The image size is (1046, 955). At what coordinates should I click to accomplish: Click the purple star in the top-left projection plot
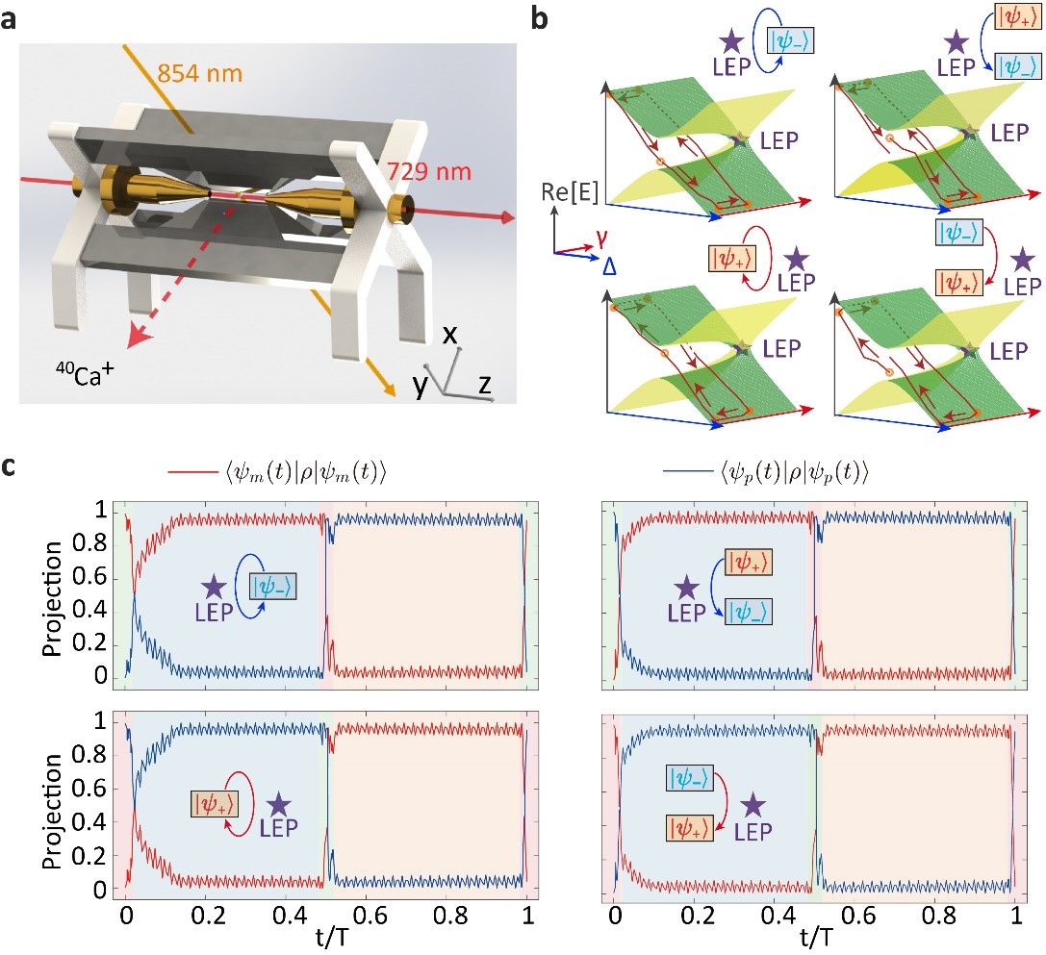(213, 587)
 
